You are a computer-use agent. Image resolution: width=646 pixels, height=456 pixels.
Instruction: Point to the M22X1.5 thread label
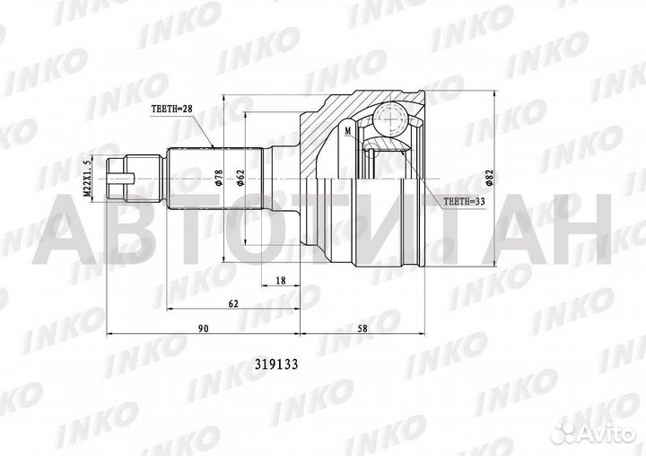[86, 178]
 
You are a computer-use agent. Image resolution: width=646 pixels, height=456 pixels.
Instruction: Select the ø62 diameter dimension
[242, 178]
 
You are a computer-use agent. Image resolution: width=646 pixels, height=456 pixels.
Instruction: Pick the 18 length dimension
[281, 281]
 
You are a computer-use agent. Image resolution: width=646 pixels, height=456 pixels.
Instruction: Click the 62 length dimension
[233, 305]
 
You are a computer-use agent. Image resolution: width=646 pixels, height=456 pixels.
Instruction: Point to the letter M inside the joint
[347, 131]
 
